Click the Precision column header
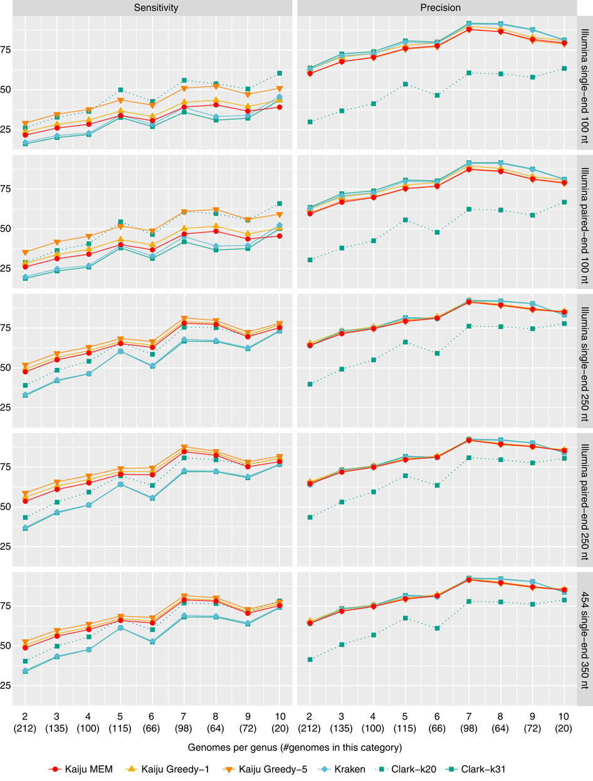[436, 8]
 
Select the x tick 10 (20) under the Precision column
[564, 723]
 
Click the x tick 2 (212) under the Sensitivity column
[24, 723]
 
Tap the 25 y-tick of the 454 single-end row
[8, 685]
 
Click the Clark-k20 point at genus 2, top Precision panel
[309, 122]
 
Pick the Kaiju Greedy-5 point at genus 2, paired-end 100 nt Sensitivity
[24, 253]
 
